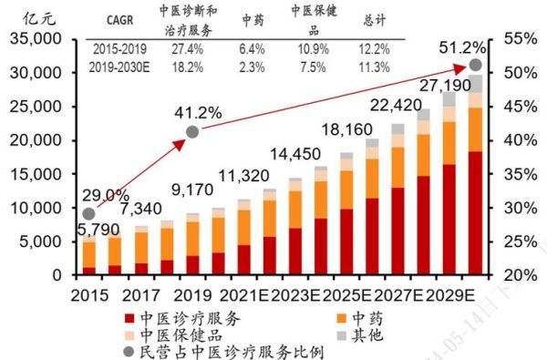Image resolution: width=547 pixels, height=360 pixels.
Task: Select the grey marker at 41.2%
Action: [x=192, y=132]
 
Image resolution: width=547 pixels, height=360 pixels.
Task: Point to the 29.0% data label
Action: [x=104, y=195]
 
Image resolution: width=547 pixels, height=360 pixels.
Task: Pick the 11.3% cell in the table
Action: [x=377, y=67]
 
